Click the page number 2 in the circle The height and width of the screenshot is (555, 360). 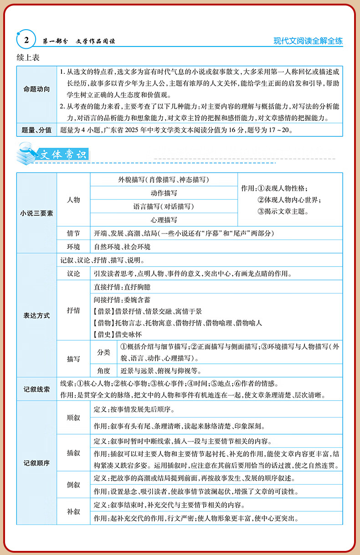[26, 41]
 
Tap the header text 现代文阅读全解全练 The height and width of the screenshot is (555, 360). [308, 41]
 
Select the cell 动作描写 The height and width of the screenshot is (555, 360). [164, 193]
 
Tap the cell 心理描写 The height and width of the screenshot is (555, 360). [164, 220]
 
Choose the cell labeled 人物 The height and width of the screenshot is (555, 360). [73, 200]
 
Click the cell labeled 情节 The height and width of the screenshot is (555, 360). [73, 233]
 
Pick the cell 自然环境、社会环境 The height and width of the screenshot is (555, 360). [122, 247]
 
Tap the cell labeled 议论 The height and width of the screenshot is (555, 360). [73, 274]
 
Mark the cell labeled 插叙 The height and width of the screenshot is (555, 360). [73, 453]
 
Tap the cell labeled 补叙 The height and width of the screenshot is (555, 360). [73, 512]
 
